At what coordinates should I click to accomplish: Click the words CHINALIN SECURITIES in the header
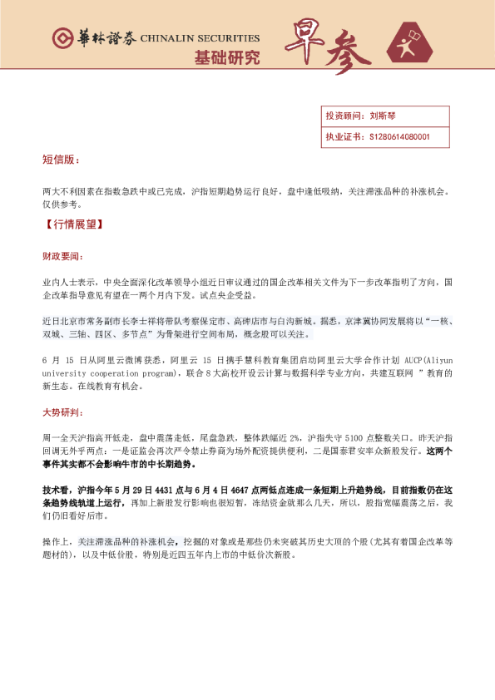200,38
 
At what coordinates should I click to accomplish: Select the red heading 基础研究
227,58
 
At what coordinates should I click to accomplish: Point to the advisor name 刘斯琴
381,116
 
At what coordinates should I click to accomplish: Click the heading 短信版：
62,158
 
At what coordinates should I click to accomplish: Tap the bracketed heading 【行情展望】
74,224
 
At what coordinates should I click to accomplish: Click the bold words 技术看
57,491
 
